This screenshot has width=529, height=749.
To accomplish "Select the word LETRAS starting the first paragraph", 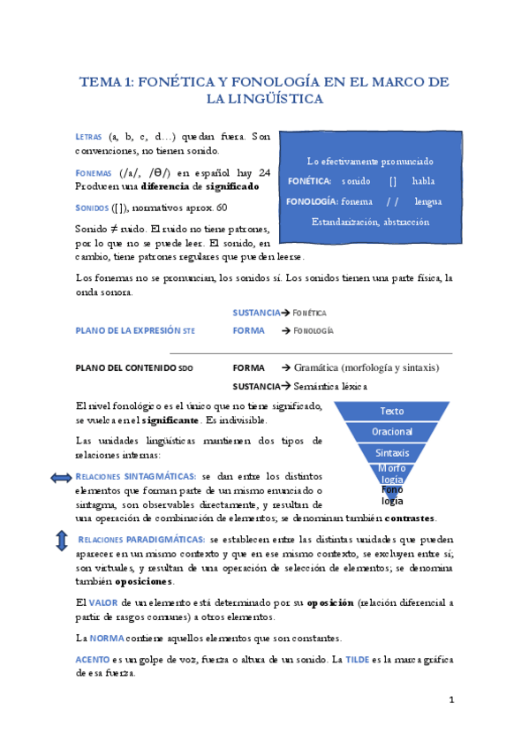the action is click(88, 138).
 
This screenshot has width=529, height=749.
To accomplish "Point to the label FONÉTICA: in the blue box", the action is click(309, 181).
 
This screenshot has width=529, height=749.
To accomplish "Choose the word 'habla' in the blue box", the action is click(423, 181).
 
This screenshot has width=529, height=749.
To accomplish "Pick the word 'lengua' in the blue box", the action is click(427, 201).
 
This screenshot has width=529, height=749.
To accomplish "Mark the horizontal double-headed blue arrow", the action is click(62, 478).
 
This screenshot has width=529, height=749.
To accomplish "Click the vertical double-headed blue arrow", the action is click(62, 541).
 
